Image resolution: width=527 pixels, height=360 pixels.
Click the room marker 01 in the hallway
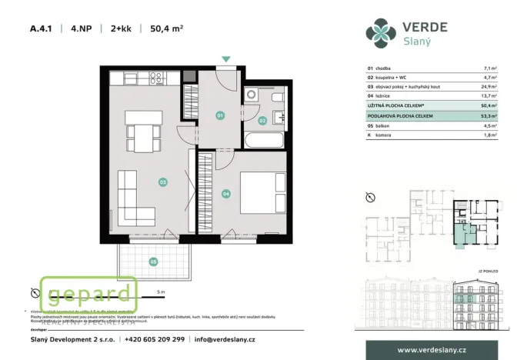[219, 115]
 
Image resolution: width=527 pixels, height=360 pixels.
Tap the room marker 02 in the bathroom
[262, 120]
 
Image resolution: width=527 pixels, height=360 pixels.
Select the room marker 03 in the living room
[162, 182]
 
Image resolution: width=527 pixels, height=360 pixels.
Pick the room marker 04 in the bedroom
[226, 193]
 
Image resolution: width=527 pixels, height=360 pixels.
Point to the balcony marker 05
[153, 262]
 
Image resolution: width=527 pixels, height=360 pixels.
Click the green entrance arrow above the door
[225, 58]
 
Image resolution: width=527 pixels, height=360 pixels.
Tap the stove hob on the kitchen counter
[155, 77]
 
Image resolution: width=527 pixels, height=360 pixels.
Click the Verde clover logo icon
[381, 33]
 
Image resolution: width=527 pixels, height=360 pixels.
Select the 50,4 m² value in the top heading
[167, 29]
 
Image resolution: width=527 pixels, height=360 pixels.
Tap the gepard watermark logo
[88, 294]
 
